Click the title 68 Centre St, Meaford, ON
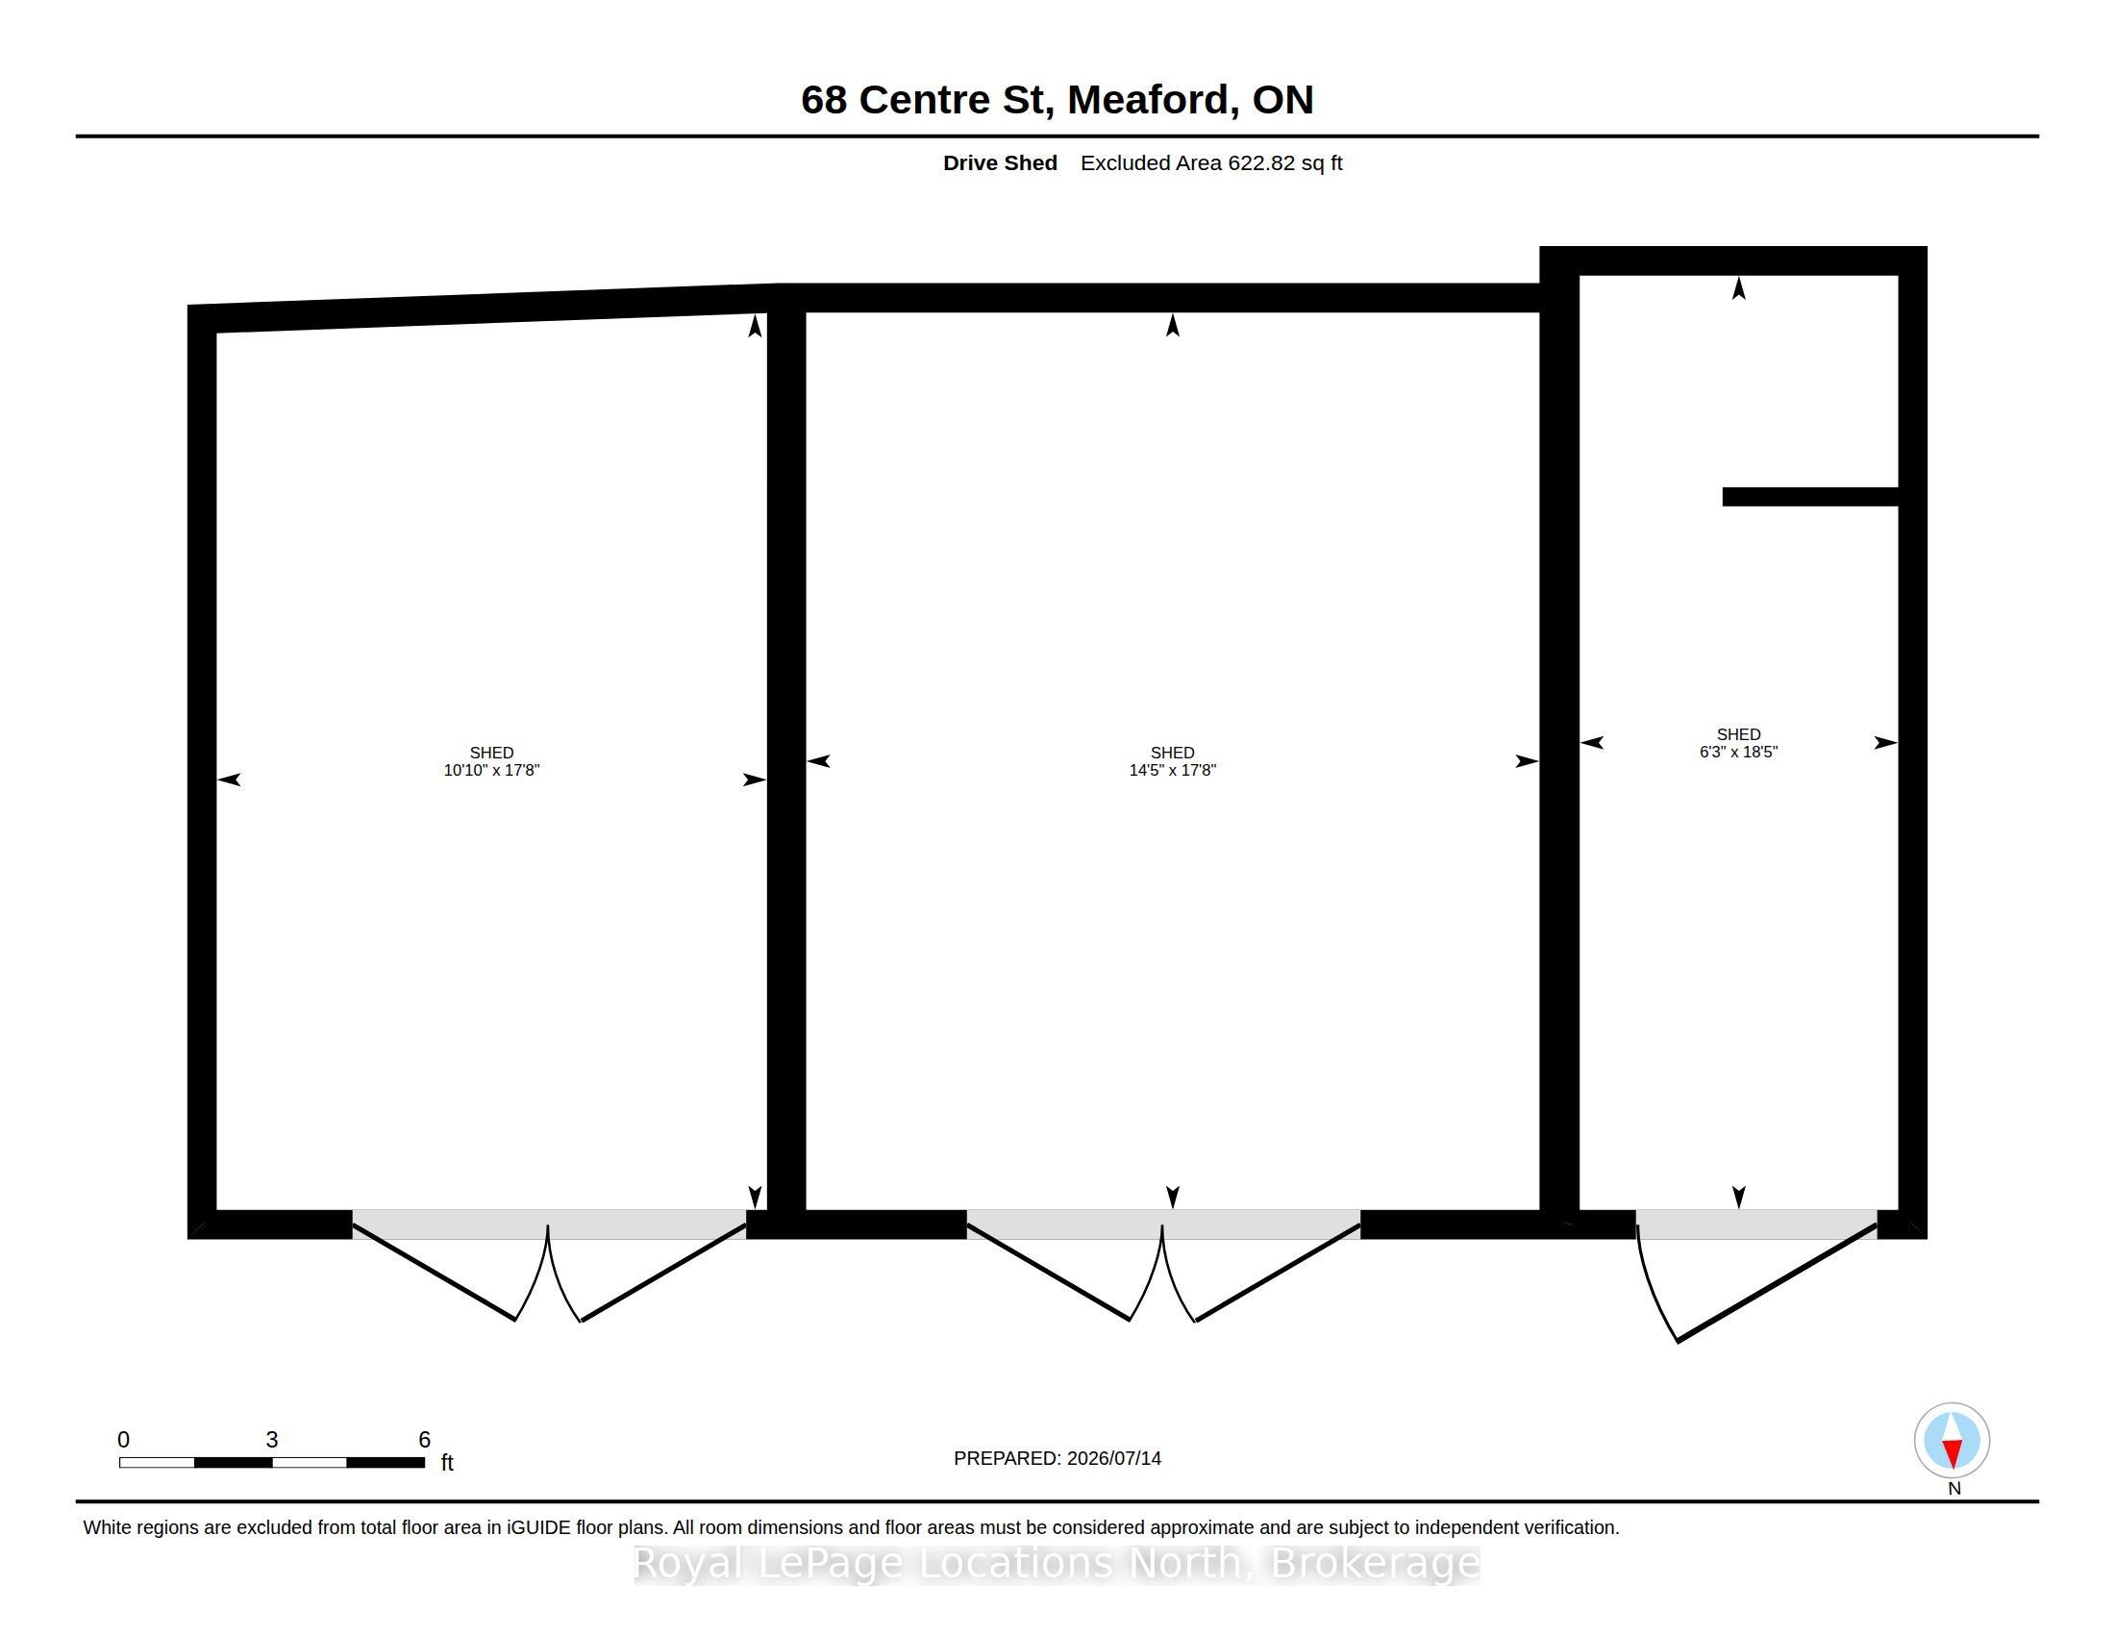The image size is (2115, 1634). coord(1057,100)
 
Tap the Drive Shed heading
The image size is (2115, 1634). coord(1000,162)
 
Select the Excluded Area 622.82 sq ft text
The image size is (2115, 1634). coord(1211,162)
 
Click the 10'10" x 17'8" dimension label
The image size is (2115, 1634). coord(491,771)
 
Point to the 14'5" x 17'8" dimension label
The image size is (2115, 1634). coord(1172,771)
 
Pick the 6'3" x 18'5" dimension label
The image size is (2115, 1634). coord(1738,753)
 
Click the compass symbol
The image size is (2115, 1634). coord(1952,1441)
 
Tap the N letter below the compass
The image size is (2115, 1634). coord(1954,1489)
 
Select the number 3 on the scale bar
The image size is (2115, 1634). coord(272,1440)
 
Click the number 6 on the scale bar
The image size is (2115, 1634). coord(424,1440)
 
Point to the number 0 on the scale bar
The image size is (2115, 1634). coord(123,1440)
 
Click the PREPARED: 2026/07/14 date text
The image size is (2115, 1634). coord(1057,1458)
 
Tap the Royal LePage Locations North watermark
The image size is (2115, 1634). coord(1057,1563)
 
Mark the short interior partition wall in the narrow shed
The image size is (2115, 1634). coord(1810,497)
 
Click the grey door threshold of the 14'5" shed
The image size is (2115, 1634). coord(1163,1225)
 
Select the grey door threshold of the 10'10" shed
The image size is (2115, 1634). coord(549,1225)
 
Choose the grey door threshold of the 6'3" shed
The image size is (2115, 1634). coord(1756,1225)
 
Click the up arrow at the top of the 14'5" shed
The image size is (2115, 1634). coord(1173,325)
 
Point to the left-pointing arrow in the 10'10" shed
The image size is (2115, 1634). coord(230,780)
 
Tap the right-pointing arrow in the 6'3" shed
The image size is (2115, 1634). coord(1885,742)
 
